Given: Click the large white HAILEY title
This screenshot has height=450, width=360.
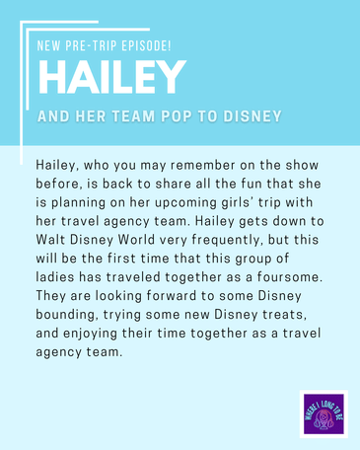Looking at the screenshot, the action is tap(112, 78).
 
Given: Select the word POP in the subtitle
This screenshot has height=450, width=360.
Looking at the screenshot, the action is tap(177, 116).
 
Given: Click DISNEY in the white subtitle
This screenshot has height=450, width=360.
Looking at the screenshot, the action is tap(252, 116).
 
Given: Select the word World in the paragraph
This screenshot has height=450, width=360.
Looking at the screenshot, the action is tap(136, 240).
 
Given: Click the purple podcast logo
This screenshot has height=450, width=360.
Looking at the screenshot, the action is tap(324, 414).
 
